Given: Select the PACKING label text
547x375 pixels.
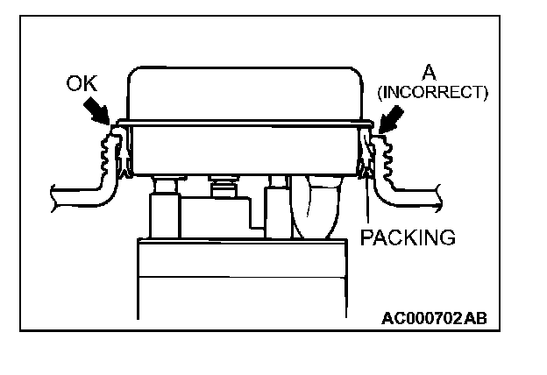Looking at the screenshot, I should [408, 237].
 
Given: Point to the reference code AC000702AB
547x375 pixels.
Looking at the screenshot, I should [434, 318].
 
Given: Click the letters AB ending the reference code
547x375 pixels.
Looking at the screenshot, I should [473, 318].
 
